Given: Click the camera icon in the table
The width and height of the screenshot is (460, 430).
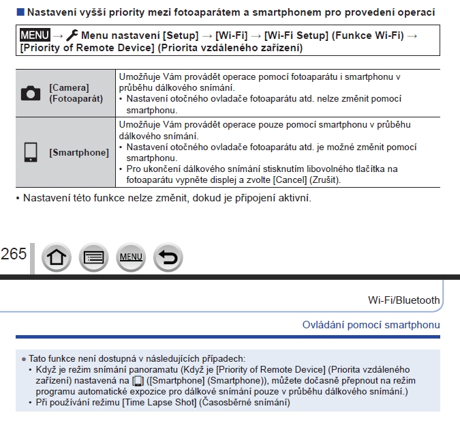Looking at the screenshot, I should [x=31, y=94].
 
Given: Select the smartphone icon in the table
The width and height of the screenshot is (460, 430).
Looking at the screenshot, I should [x=30, y=152].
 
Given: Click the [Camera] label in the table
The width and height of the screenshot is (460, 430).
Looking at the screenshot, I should [x=68, y=88].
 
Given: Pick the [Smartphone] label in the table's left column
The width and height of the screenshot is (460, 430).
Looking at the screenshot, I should [x=78, y=152].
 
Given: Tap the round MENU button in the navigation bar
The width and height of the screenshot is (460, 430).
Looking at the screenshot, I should [x=130, y=257].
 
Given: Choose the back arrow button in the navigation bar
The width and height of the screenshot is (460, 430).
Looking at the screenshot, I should [x=168, y=257].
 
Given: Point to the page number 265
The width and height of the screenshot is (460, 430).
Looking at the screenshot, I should [x=14, y=255].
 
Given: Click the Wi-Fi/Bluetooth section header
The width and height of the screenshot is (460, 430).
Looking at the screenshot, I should [x=403, y=300].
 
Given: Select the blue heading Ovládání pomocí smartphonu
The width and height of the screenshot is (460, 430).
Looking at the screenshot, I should [x=371, y=325].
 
